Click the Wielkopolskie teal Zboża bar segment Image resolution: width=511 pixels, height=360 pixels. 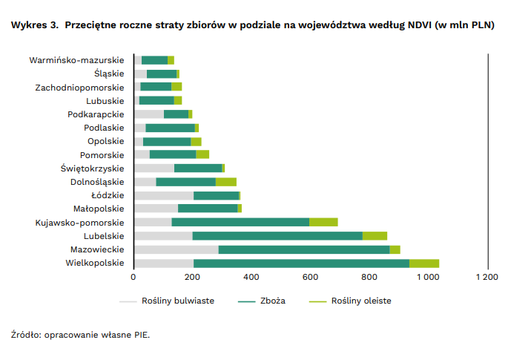click(301, 263)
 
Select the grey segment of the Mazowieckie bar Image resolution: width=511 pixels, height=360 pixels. click(176, 249)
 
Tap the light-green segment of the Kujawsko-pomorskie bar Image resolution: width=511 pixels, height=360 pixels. click(323, 222)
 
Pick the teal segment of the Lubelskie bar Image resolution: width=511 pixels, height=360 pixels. click(277, 235)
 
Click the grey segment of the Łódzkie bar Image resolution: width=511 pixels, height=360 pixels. click(163, 195)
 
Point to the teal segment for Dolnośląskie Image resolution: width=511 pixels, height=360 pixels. click(185, 182)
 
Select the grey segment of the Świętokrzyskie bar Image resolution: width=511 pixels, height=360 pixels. click(154, 168)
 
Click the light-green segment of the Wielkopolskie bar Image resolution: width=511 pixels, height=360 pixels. click(423, 263)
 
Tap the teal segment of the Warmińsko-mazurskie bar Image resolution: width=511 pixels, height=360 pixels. click(154, 60)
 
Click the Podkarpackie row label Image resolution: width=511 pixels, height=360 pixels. click(96, 114)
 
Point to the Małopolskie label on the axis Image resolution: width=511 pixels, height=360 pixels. click(99, 209)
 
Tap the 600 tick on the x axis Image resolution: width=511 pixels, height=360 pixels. click(310, 277)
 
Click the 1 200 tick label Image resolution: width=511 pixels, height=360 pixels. click(486, 277)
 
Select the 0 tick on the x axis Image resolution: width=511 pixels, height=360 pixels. click(133, 277)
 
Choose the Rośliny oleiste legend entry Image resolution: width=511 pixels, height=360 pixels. click(361, 301)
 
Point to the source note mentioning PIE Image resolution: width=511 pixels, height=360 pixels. click(80, 335)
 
